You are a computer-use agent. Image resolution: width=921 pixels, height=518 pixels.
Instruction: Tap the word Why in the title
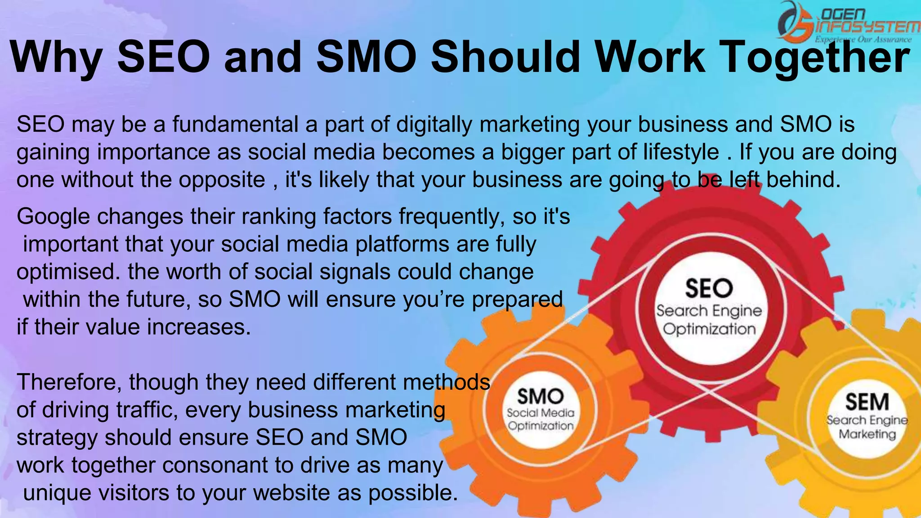coord(56,58)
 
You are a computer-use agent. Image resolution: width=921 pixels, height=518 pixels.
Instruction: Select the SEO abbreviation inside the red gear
coord(709,288)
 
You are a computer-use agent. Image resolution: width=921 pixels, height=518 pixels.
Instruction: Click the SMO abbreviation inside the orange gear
coord(540,397)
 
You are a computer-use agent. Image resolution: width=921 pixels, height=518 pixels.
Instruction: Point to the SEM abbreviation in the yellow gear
coord(867,402)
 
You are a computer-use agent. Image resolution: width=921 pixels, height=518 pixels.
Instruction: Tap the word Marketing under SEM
coord(867,434)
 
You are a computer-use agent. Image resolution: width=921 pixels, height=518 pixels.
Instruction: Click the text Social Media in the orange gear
coord(541,413)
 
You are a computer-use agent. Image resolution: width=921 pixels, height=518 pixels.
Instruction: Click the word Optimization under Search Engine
coord(709,329)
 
